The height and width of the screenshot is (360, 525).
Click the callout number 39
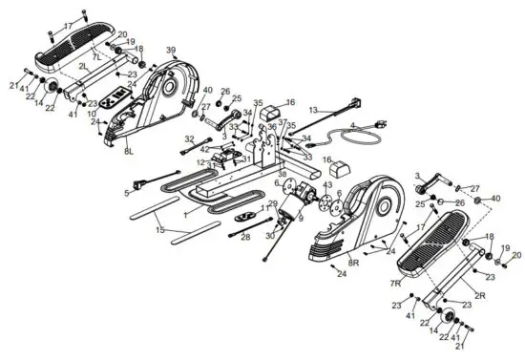pos(171,50)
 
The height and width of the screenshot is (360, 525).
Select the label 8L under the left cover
pos(129,151)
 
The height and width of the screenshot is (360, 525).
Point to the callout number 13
pos(312,110)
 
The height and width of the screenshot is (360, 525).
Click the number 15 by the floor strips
pos(159,229)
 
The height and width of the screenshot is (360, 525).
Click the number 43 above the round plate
pos(327,184)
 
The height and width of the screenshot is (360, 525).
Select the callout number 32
pos(189,140)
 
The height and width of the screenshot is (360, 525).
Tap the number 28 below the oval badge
pos(245,236)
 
